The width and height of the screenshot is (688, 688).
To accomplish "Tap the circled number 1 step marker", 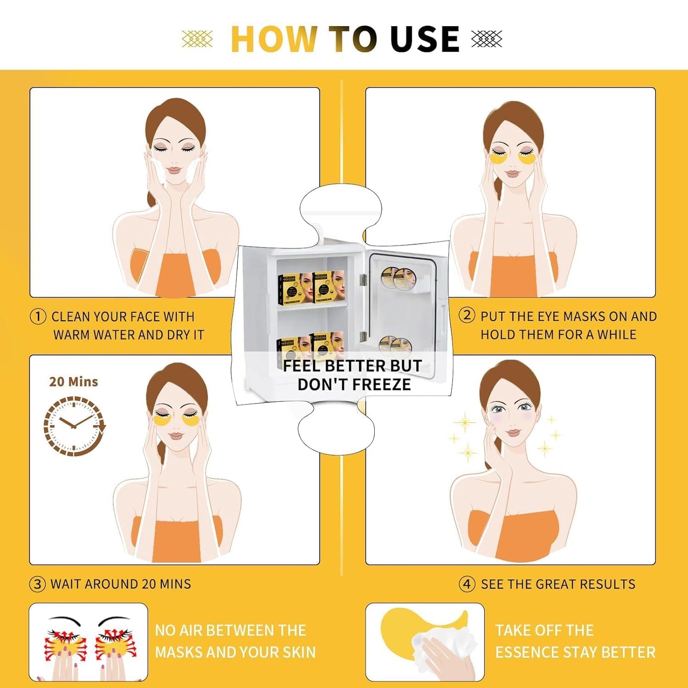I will [38, 317].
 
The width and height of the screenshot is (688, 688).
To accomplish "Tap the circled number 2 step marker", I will [467, 315].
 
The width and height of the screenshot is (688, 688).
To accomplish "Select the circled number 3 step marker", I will [38, 584].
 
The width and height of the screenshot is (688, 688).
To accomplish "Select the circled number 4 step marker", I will [467, 584].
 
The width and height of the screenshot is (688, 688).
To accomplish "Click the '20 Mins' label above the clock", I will [73, 382].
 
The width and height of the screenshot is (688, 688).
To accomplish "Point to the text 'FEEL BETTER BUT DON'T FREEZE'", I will [353, 375].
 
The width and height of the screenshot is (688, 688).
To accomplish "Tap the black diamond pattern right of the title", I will [487, 39].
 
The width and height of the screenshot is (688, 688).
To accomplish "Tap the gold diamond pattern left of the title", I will [197, 39].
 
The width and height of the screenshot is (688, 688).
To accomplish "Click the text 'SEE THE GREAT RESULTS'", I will [558, 584].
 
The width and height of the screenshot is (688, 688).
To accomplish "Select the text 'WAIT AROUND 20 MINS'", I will [120, 584].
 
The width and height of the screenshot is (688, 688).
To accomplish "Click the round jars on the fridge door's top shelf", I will [399, 279].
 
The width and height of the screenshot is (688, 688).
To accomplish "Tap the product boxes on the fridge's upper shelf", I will [311, 288].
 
